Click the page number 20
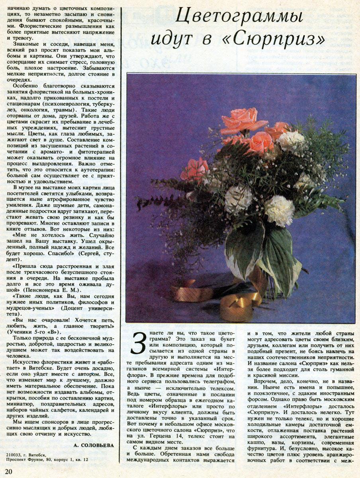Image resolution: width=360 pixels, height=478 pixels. (x=9, y=472)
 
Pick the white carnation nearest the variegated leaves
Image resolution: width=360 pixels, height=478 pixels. (x=279, y=210)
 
